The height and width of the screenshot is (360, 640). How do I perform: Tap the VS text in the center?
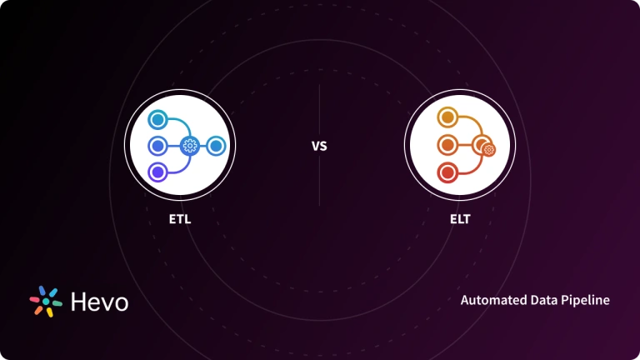pos(319,146)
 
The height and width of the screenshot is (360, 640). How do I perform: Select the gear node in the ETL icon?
pos(190,146)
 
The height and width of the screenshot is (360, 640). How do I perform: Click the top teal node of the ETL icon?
pos(157,119)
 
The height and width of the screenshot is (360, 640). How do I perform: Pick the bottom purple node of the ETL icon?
pos(156,172)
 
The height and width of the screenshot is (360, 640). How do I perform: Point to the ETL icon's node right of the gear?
pos(216,146)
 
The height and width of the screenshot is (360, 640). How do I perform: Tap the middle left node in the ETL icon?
pos(156,146)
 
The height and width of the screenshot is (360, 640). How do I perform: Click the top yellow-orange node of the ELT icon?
pos(447,119)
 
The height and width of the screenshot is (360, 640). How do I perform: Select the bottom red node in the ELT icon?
pos(447,172)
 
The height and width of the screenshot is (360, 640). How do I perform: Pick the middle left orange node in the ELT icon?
pos(447,146)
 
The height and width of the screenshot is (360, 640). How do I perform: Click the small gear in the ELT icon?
pos(488,150)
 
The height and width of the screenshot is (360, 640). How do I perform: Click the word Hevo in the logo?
pos(99,301)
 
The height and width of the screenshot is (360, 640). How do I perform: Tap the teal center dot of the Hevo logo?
pos(45,302)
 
